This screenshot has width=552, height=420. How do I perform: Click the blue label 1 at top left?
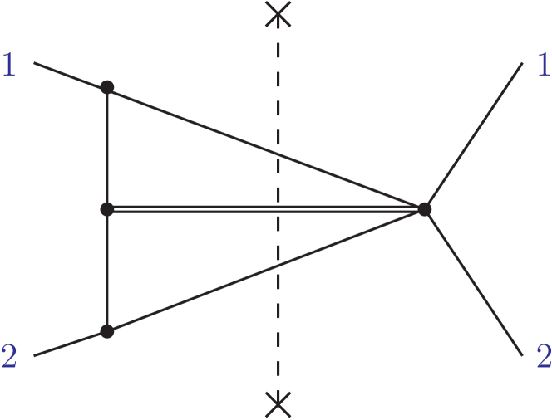point(9,65)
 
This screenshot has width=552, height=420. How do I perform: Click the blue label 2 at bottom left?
point(9,356)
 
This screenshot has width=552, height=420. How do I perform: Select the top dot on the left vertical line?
point(106,86)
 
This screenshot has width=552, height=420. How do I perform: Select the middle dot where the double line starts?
point(106,209)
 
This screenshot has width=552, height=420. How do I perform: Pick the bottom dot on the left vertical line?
point(106,331)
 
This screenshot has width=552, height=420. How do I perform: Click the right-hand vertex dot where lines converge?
point(425,209)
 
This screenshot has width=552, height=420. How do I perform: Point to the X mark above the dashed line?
point(278,13)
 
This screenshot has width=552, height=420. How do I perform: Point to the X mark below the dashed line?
point(278,404)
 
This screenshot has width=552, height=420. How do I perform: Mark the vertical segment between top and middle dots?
point(107,148)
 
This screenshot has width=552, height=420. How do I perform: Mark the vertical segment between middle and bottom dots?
point(107,271)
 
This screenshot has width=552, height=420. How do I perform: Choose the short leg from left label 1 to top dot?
point(71,74)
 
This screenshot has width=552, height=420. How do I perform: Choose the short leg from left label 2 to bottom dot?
point(71,343)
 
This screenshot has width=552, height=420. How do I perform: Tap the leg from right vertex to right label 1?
point(474,136)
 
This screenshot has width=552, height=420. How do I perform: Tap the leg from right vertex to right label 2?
point(474,282)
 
